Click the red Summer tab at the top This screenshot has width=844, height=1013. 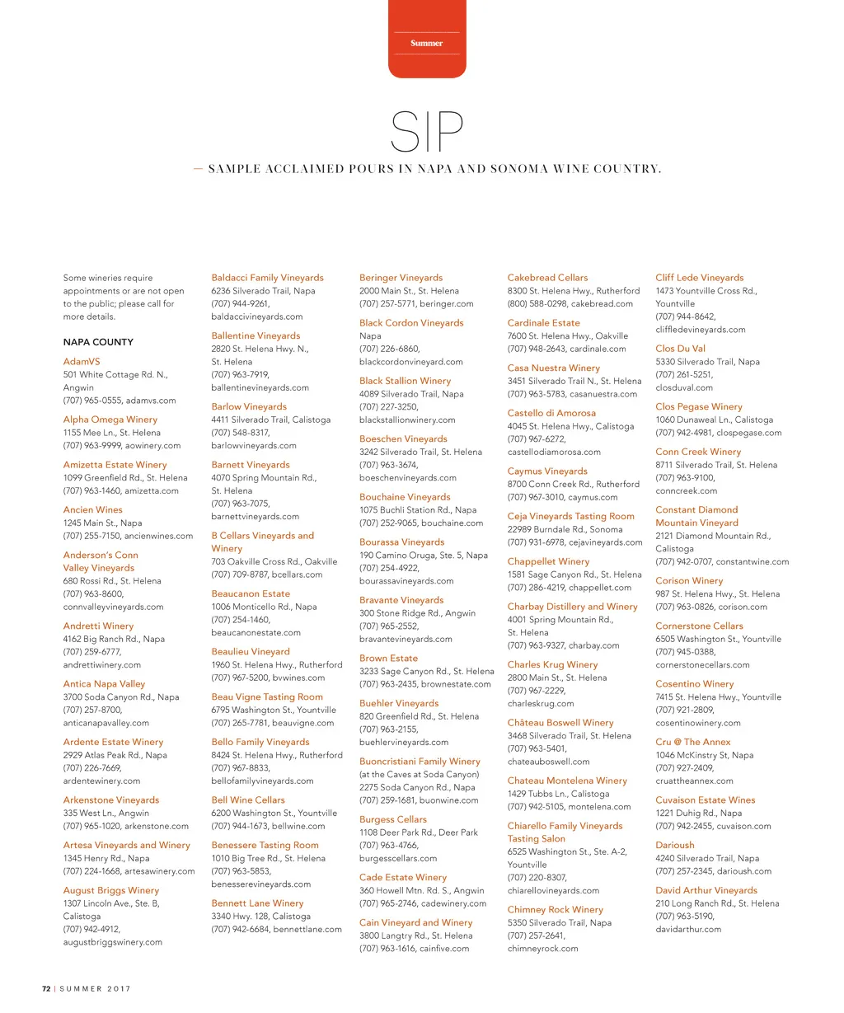[427, 41]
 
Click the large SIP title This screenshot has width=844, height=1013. [427, 131]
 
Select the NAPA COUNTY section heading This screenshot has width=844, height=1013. [98, 342]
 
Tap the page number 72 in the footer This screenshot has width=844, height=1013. [47, 988]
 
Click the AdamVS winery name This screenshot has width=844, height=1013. [82, 362]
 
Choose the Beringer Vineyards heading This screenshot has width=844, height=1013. [401, 278]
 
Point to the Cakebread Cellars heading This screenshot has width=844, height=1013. [547, 278]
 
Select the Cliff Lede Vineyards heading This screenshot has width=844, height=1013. [699, 278]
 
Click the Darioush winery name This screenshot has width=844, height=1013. [674, 845]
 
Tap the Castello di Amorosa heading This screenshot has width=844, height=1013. [551, 413]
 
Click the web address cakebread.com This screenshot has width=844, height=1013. [602, 303]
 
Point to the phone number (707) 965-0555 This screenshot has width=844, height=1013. [92, 401]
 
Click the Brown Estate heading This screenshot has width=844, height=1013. [388, 659]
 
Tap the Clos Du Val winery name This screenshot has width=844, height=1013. [680, 349]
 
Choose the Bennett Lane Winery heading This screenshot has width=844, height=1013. [257, 903]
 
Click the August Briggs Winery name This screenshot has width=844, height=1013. [110, 890]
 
